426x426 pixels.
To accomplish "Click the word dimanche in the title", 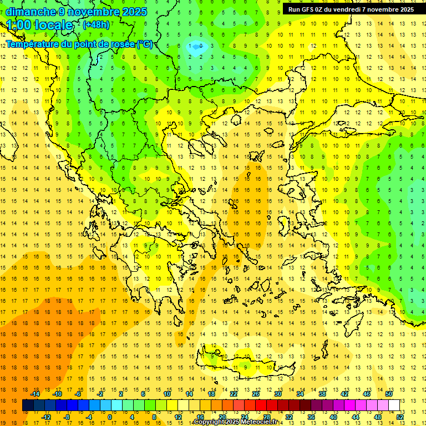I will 31,12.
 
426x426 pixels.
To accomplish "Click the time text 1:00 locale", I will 40,25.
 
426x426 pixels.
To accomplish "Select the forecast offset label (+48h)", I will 96,25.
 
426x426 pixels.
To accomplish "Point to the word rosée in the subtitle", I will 120,44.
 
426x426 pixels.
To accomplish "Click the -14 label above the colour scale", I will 34,394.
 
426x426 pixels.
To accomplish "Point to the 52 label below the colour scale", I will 400,417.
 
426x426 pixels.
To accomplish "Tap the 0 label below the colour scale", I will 110,417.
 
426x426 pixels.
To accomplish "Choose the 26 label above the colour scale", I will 256,394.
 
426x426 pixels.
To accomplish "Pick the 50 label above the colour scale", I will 389,394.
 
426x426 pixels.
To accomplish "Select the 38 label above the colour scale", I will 322,394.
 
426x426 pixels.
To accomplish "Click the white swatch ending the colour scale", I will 394,405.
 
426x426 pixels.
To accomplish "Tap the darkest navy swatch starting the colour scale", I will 28,405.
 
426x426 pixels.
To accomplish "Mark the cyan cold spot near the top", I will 195,48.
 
